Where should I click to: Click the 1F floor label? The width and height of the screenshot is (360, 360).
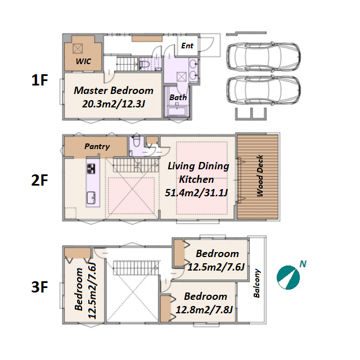(x=39, y=80)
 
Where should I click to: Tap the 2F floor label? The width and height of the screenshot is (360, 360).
(x=39, y=180)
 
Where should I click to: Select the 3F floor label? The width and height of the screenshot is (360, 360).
(x=39, y=287)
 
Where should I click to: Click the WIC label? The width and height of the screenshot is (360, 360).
(x=83, y=61)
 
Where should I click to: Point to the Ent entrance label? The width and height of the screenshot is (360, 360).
(x=187, y=46)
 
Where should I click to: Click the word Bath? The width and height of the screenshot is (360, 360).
(x=178, y=97)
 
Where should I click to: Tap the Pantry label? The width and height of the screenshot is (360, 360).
(x=97, y=146)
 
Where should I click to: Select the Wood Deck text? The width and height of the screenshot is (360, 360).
(x=260, y=175)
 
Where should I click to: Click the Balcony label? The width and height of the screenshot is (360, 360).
(x=256, y=283)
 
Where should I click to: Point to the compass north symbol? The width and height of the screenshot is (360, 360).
(x=288, y=277)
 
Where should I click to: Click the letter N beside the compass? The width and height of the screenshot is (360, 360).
(x=303, y=264)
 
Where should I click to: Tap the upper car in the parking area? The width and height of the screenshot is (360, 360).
(x=263, y=56)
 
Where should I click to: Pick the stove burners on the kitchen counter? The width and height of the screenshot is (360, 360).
(x=91, y=169)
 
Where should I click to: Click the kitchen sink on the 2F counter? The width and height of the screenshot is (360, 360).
(x=91, y=198)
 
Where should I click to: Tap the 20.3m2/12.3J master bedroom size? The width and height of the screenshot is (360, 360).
(x=114, y=104)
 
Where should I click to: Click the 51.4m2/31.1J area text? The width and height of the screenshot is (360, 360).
(x=196, y=192)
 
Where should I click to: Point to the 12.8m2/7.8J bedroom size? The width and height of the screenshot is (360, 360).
(x=204, y=310)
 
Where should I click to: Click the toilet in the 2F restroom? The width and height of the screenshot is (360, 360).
(x=137, y=141)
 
